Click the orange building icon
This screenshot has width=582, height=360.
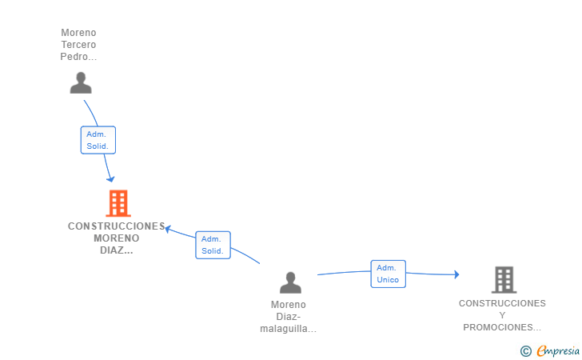pos(118,203)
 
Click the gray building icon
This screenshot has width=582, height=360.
pos(504,279)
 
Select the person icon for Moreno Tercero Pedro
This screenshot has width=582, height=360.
pos(81,83)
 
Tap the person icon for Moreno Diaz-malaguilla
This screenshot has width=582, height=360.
pos(290,282)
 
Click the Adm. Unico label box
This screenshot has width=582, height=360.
pos(388,274)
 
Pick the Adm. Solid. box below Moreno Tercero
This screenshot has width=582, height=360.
pos(98,140)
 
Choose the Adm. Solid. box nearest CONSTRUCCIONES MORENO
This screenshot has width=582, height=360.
pos(212,245)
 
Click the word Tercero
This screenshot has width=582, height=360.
pos(78,45)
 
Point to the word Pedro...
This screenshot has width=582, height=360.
pos(78,57)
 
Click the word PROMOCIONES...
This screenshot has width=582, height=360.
pos(501,327)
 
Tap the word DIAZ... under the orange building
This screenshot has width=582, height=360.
pos(117,250)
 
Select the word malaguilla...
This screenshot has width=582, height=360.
pos(287,329)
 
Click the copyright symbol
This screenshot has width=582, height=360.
pos(525,350)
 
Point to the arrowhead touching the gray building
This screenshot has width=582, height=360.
pos(456,274)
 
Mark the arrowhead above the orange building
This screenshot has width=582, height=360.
pos(110,178)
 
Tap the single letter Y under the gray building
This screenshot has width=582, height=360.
pos(502,315)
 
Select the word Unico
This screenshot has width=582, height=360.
pos(388,279)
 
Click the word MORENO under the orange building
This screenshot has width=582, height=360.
pos(116,238)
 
